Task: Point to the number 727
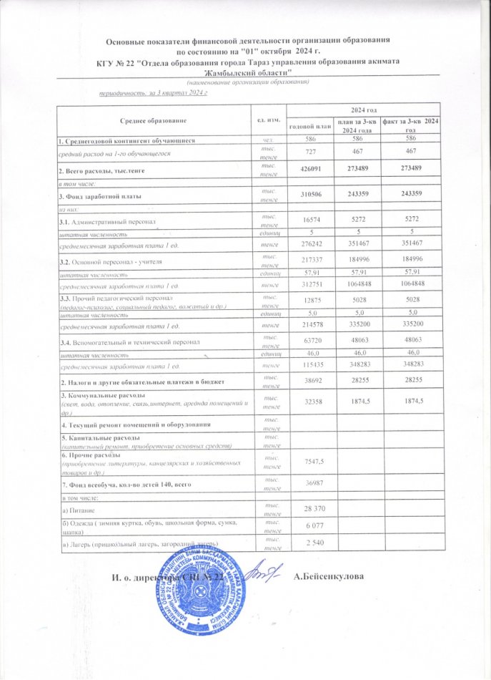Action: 308,154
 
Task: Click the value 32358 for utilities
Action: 308,402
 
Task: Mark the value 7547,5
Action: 308,462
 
